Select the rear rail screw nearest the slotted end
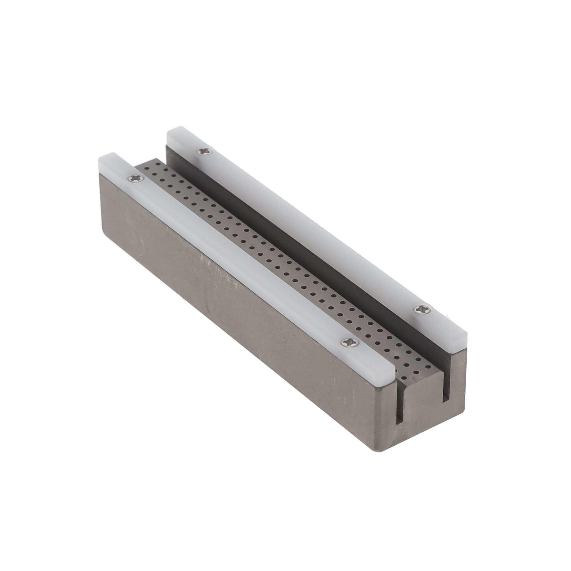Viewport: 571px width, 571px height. pyautogui.click(x=420, y=309)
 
